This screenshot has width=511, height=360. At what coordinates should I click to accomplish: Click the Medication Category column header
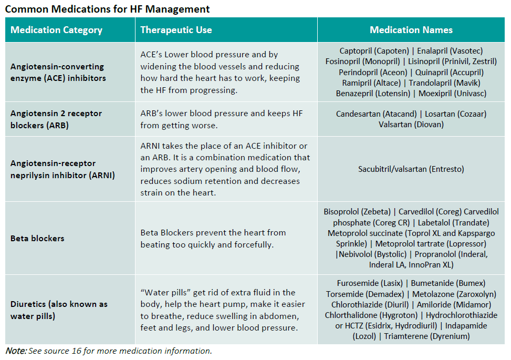click(x=56, y=30)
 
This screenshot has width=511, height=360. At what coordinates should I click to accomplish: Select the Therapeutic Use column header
click(x=176, y=30)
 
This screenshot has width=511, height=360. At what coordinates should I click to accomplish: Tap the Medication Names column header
click(x=411, y=30)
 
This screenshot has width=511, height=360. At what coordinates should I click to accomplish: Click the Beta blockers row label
click(x=37, y=239)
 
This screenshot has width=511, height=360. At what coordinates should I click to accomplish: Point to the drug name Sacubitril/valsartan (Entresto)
click(x=411, y=169)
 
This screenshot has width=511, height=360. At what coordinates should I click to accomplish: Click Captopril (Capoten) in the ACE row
click(x=374, y=51)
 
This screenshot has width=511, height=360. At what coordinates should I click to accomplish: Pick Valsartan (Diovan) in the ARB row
click(x=411, y=125)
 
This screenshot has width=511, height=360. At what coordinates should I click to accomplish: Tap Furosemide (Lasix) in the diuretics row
click(x=370, y=283)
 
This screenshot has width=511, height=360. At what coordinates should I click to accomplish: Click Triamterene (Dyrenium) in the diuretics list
click(x=427, y=336)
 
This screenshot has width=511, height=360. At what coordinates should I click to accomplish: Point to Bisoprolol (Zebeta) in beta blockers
click(x=357, y=212)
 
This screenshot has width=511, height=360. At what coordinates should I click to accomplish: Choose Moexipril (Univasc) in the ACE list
click(x=452, y=94)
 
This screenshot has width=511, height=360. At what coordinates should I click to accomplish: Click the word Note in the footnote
click(x=15, y=351)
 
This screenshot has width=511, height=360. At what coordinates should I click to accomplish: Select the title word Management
click(x=178, y=9)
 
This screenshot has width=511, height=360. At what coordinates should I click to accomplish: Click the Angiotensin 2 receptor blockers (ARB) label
click(x=56, y=119)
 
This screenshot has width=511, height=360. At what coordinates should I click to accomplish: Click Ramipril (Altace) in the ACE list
click(x=371, y=83)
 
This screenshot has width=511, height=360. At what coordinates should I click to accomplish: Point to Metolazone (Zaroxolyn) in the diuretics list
click(x=454, y=294)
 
